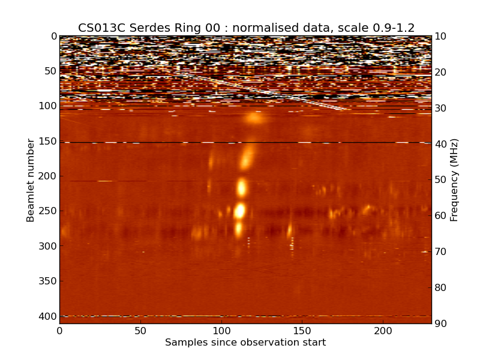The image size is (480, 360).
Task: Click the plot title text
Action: [246, 28]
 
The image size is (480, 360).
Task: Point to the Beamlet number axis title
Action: [31, 180]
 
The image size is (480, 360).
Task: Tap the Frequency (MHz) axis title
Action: [454, 180]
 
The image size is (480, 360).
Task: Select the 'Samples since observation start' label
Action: [245, 343]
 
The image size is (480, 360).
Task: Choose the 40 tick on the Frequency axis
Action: [440, 144]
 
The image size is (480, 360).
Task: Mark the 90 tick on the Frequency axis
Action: [440, 323]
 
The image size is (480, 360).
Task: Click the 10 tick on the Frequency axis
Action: [440, 37]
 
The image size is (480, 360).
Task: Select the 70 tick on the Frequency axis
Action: [440, 252]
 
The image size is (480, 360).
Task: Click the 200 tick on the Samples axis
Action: [383, 331]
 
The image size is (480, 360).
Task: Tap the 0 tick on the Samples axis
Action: [59, 331]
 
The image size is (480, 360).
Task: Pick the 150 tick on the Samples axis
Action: [302, 331]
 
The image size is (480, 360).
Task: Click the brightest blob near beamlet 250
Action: [240, 211]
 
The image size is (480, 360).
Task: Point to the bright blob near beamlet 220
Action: [242, 188]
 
